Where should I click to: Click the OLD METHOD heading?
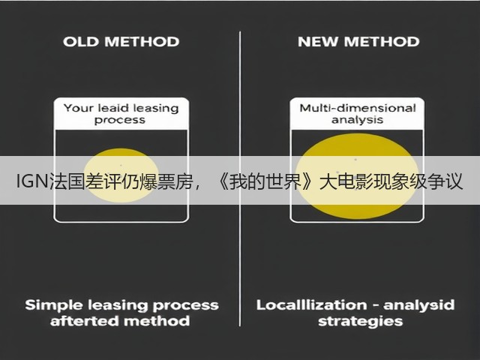pyautogui.click(x=121, y=42)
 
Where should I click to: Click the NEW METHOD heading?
pyautogui.click(x=358, y=42)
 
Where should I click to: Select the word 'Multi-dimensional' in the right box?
pyautogui.click(x=358, y=108)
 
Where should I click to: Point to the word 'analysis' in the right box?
pyautogui.click(x=357, y=120)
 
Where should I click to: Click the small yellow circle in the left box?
pyautogui.click(x=121, y=175)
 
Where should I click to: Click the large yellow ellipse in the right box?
pyautogui.click(x=357, y=176)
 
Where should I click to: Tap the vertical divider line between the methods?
pyautogui.click(x=240, y=178)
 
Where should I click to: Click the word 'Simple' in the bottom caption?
pyautogui.click(x=54, y=305)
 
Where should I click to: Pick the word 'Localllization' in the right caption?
pyautogui.click(x=312, y=305)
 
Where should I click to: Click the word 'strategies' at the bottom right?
pyautogui.click(x=360, y=322)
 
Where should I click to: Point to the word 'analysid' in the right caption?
pyautogui.click(x=419, y=305)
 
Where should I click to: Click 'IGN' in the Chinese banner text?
pyautogui.click(x=31, y=181)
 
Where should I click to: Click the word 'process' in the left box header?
pyautogui.click(x=120, y=120)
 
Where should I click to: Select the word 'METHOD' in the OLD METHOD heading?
pyautogui.click(x=142, y=42)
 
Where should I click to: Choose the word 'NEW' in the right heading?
pyautogui.click(x=318, y=42)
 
